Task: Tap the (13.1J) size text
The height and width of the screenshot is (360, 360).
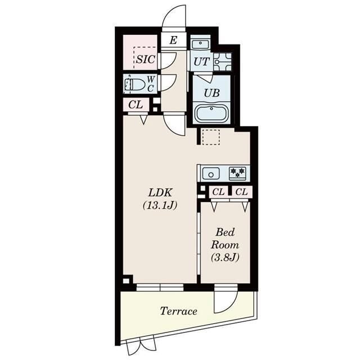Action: pos(160,205)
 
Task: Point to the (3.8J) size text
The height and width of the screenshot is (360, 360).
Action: pos(225,258)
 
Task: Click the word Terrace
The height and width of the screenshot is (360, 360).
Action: pos(178,311)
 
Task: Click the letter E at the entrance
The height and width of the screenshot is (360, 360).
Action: pos(173,40)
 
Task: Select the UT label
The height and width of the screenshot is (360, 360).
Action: pos(200,61)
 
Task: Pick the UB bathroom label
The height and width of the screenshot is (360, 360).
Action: pos(211,93)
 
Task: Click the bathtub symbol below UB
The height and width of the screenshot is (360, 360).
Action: pos(211,114)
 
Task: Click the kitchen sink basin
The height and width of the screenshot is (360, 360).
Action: pos(211,173)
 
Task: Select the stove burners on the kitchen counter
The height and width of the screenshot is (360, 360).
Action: pos(237,173)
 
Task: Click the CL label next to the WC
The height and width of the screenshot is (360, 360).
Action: pos(135,104)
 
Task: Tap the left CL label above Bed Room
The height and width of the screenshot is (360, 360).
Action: pos(218,192)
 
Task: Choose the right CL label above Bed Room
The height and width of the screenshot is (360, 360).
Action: pos(241,192)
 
